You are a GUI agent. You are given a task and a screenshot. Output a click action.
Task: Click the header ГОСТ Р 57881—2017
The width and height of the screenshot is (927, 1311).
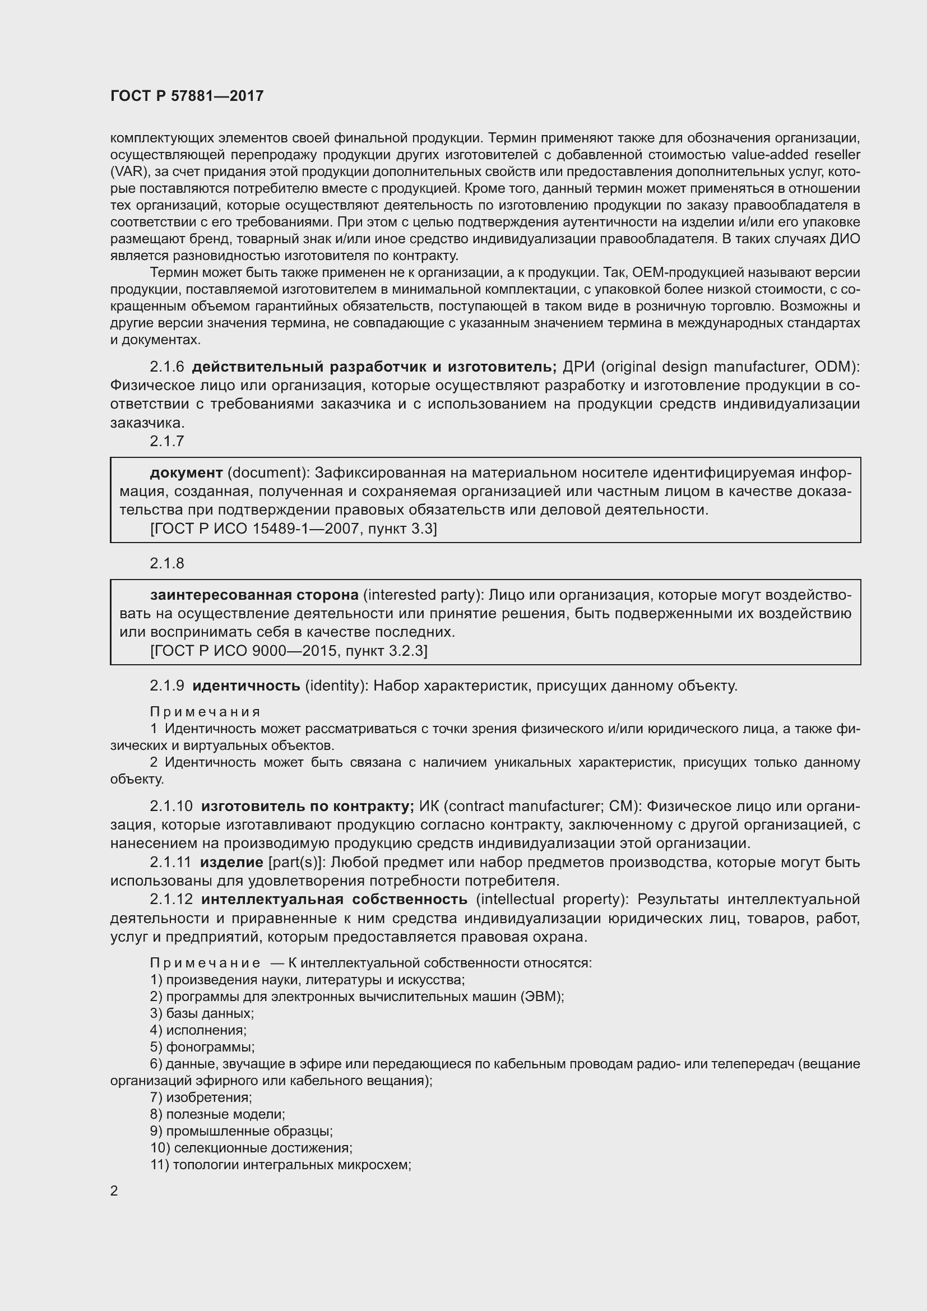pos(187,96)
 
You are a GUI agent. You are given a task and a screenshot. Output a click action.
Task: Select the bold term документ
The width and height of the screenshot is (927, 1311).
pos(186,473)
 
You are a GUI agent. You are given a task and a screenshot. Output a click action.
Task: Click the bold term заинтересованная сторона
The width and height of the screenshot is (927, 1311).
pos(254,595)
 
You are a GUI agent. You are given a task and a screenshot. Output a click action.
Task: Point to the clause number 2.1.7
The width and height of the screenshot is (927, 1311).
pos(166,441)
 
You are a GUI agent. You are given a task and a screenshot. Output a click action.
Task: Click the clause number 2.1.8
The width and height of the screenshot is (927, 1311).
pos(166,563)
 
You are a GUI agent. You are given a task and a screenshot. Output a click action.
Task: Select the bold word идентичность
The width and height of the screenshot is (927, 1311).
pos(246,685)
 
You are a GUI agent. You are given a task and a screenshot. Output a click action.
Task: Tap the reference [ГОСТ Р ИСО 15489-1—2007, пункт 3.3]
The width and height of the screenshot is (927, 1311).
pos(293,529)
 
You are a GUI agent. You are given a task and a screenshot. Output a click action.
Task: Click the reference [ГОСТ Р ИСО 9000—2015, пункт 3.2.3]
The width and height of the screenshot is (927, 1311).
pos(289,651)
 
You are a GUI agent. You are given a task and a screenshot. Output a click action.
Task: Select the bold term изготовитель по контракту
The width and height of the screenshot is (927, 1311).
pos(307,806)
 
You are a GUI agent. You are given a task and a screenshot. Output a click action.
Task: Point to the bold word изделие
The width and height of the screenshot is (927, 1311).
pos(231,862)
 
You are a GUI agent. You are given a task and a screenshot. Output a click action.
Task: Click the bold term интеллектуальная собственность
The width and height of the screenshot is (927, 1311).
pos(334,899)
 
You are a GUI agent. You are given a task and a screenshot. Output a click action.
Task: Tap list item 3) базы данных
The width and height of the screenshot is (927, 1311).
pos(202,1013)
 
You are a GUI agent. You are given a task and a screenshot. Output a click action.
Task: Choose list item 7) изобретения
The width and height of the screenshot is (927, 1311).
pos(201,1097)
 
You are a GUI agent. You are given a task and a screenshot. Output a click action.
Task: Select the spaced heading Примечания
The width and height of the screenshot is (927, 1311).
pos(205,712)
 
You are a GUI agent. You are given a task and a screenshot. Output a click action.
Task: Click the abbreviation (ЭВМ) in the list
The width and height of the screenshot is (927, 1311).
pos(542,997)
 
